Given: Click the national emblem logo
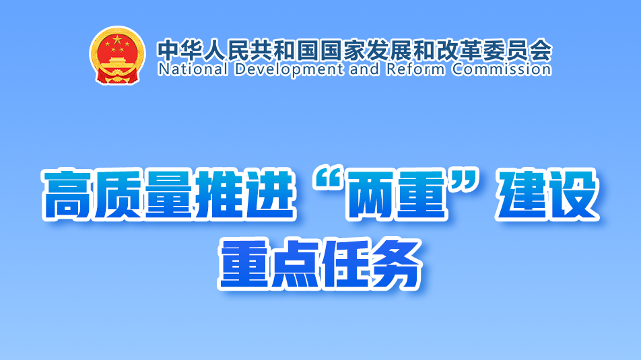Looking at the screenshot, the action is click(x=117, y=55).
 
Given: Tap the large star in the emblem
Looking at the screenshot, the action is click(x=117, y=40).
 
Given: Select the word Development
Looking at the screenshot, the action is click(x=289, y=69).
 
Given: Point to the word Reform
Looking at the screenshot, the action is click(x=415, y=69).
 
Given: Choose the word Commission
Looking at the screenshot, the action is click(x=502, y=69).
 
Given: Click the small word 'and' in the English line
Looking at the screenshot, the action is click(x=365, y=69).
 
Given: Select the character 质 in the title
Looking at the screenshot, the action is click(x=118, y=194).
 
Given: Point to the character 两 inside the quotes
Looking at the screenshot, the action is click(x=372, y=194).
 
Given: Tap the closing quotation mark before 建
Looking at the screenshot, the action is click(x=465, y=182).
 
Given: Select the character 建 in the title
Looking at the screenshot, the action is click(x=522, y=194).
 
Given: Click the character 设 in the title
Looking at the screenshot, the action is click(x=573, y=194).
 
